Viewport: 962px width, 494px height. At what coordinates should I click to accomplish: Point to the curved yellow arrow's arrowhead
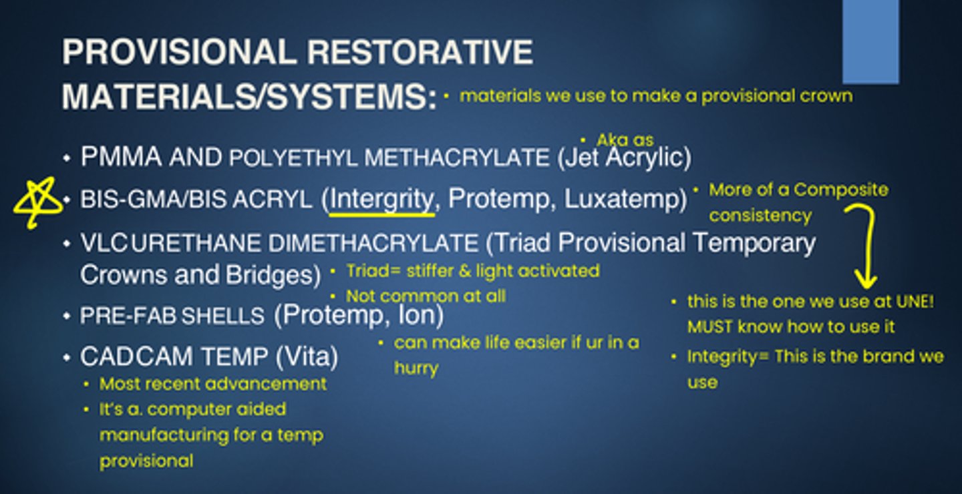coord(866,281)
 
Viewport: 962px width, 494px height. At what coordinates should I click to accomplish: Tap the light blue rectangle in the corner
coord(870,41)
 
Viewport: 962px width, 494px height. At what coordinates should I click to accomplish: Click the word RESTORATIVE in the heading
coord(420,52)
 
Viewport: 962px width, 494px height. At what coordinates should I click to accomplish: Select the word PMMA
coord(122,156)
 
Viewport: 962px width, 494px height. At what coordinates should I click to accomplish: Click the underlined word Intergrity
coord(382,199)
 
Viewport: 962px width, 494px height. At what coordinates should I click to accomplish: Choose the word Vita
coord(307,356)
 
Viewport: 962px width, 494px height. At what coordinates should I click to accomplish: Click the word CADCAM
coord(136,356)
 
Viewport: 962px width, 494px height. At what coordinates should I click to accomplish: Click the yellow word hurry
coord(416,368)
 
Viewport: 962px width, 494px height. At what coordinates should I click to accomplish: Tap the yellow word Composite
coord(840,190)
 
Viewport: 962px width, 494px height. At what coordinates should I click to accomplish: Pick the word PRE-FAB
coord(128,316)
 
